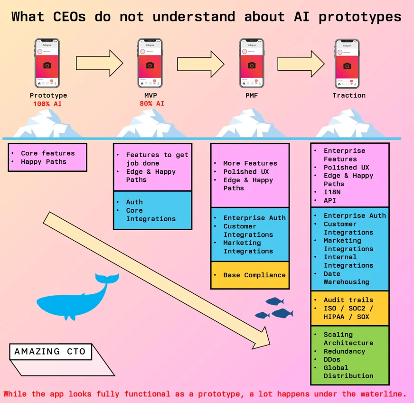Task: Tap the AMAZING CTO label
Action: click(x=50, y=352)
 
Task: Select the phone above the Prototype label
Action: click(x=47, y=64)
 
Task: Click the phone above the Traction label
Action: click(x=347, y=64)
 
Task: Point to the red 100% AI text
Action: click(x=47, y=103)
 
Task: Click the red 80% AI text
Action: click(x=152, y=103)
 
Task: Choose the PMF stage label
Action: click(x=252, y=95)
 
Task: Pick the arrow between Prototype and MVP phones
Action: click(x=99, y=63)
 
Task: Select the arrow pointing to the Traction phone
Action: click(x=301, y=63)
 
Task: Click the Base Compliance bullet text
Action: click(x=254, y=275)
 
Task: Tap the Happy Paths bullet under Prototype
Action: click(x=44, y=162)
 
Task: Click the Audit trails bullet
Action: click(x=348, y=300)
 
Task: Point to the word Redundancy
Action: click(x=344, y=351)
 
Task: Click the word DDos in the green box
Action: click(x=332, y=359)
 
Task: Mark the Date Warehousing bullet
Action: click(x=346, y=278)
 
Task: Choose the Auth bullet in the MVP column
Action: click(x=134, y=202)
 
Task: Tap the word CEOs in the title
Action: click(x=67, y=17)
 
